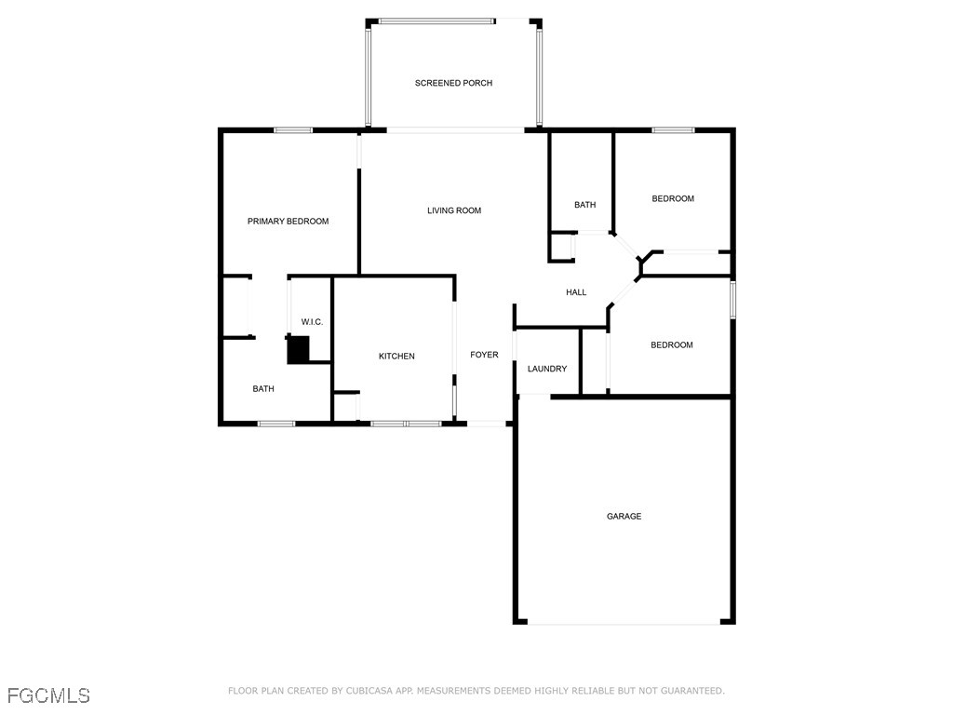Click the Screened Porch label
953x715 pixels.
453,83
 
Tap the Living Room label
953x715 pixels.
454,210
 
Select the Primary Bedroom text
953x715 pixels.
288,222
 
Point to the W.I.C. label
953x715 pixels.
312,322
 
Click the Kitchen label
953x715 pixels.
396,357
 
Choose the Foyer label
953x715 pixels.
484,355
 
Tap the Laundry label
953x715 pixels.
547,369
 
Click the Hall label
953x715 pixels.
576,292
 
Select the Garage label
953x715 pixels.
624,516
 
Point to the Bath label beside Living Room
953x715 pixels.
584,205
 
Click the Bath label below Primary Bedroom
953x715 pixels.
263,389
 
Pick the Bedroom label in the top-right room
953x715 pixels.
673,198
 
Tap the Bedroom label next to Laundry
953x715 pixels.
672,345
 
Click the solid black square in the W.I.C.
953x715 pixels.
298,350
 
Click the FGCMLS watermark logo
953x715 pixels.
48,695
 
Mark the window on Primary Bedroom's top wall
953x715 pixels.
292,130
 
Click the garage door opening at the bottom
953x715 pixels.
624,623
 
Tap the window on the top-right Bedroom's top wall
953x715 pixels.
673,130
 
